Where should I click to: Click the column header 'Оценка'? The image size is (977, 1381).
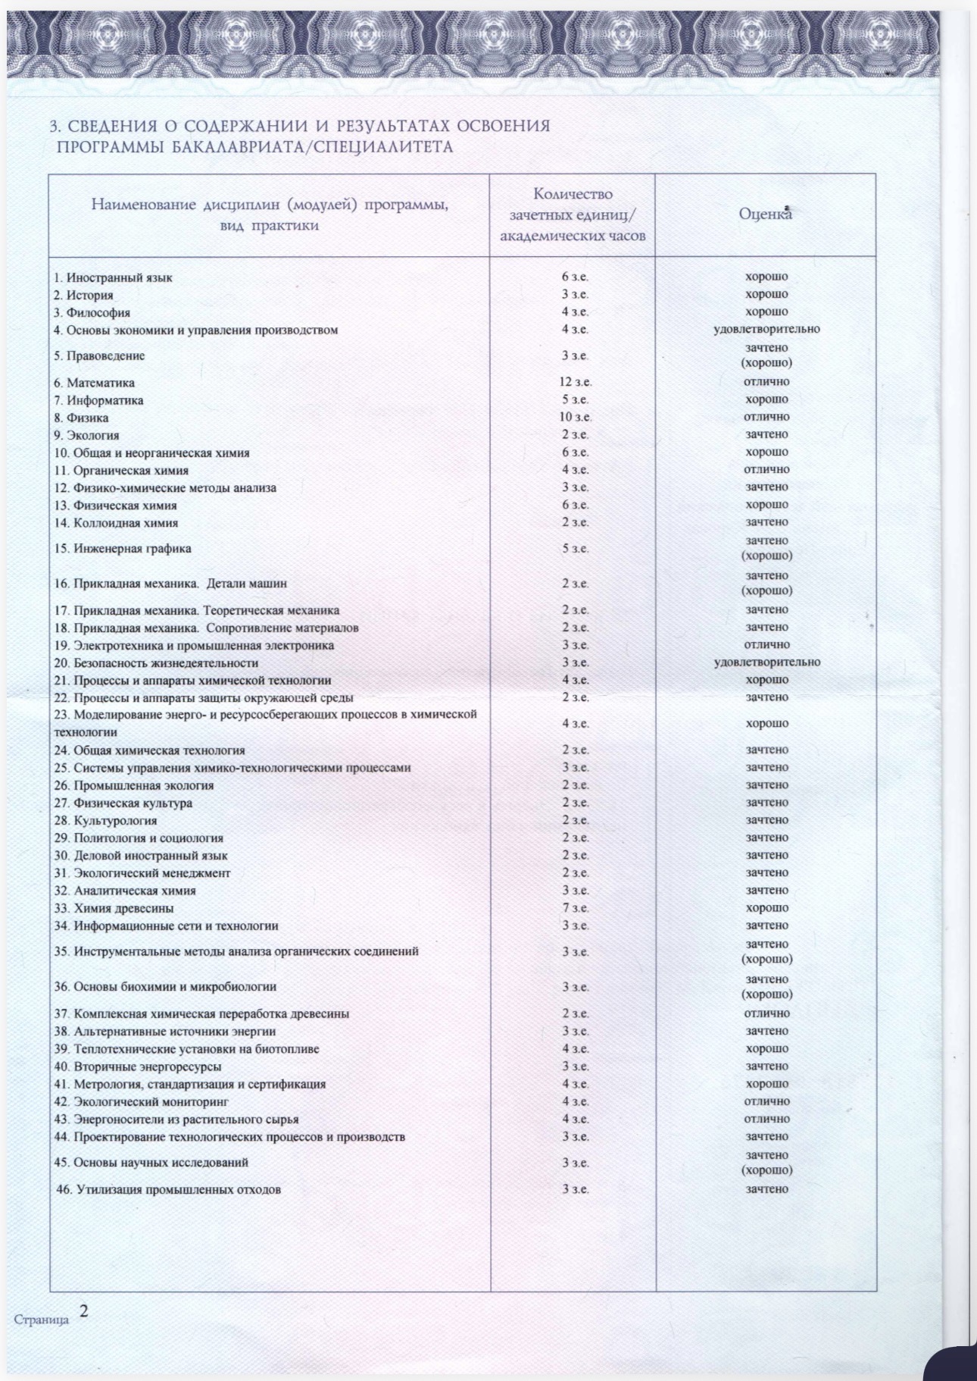tap(765, 215)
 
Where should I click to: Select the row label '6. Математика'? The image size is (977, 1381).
tap(95, 383)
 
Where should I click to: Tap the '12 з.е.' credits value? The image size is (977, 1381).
tap(575, 382)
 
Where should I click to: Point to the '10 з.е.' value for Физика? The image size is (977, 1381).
tap(575, 417)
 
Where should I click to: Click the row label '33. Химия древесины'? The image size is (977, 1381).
tap(114, 908)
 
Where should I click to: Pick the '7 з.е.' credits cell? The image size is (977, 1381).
tap(575, 908)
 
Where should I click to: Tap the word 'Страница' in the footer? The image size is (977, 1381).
tap(42, 1320)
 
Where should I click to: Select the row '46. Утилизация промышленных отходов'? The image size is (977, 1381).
tap(170, 1189)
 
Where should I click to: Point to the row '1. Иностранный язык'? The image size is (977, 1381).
tap(113, 277)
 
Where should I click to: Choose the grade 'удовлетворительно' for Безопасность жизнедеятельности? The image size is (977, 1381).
tap(766, 662)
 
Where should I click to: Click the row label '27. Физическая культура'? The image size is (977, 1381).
tap(123, 803)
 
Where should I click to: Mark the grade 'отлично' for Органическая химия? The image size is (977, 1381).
tap(766, 469)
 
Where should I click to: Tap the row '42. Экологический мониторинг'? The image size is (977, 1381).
tap(141, 1101)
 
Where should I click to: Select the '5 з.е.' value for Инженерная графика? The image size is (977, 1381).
tap(575, 548)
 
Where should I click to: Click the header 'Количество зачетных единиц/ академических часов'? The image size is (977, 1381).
tap(572, 215)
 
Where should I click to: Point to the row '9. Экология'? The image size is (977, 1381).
tap(86, 435)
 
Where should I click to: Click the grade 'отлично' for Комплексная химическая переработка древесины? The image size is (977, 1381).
tap(766, 1013)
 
